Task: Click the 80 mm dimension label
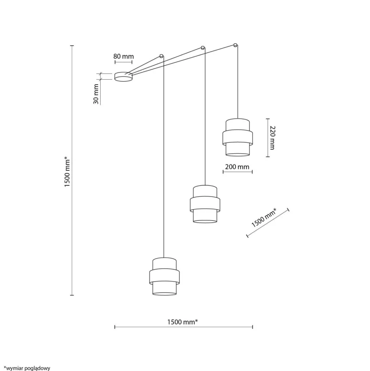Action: click(124, 56)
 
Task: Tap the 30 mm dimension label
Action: click(96, 95)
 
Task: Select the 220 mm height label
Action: click(272, 138)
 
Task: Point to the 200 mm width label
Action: click(237, 167)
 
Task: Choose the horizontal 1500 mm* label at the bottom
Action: click(182, 322)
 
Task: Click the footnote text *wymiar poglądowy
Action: click(27, 368)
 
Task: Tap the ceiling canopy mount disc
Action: click(123, 76)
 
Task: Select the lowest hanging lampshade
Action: click(164, 276)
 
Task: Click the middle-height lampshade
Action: click(205, 204)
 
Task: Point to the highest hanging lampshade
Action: click(237, 137)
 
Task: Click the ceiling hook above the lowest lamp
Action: click(161, 56)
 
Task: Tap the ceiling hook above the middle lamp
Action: click(203, 48)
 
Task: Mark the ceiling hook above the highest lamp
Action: click(235, 45)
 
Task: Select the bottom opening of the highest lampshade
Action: click(237, 154)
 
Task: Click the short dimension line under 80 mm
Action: click(123, 62)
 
